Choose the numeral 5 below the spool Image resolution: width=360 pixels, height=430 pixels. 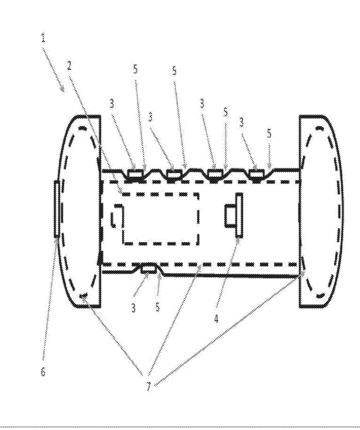coord(157,307)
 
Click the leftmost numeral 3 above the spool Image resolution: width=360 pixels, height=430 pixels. coord(112,104)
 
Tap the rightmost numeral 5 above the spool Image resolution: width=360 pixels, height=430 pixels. coord(270,134)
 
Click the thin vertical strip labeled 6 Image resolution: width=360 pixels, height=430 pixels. coord(57,208)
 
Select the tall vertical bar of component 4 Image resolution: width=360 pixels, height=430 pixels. coord(239,214)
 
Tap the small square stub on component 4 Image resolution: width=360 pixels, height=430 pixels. coord(230,215)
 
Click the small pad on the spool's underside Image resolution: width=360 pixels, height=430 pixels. coord(148,270)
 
